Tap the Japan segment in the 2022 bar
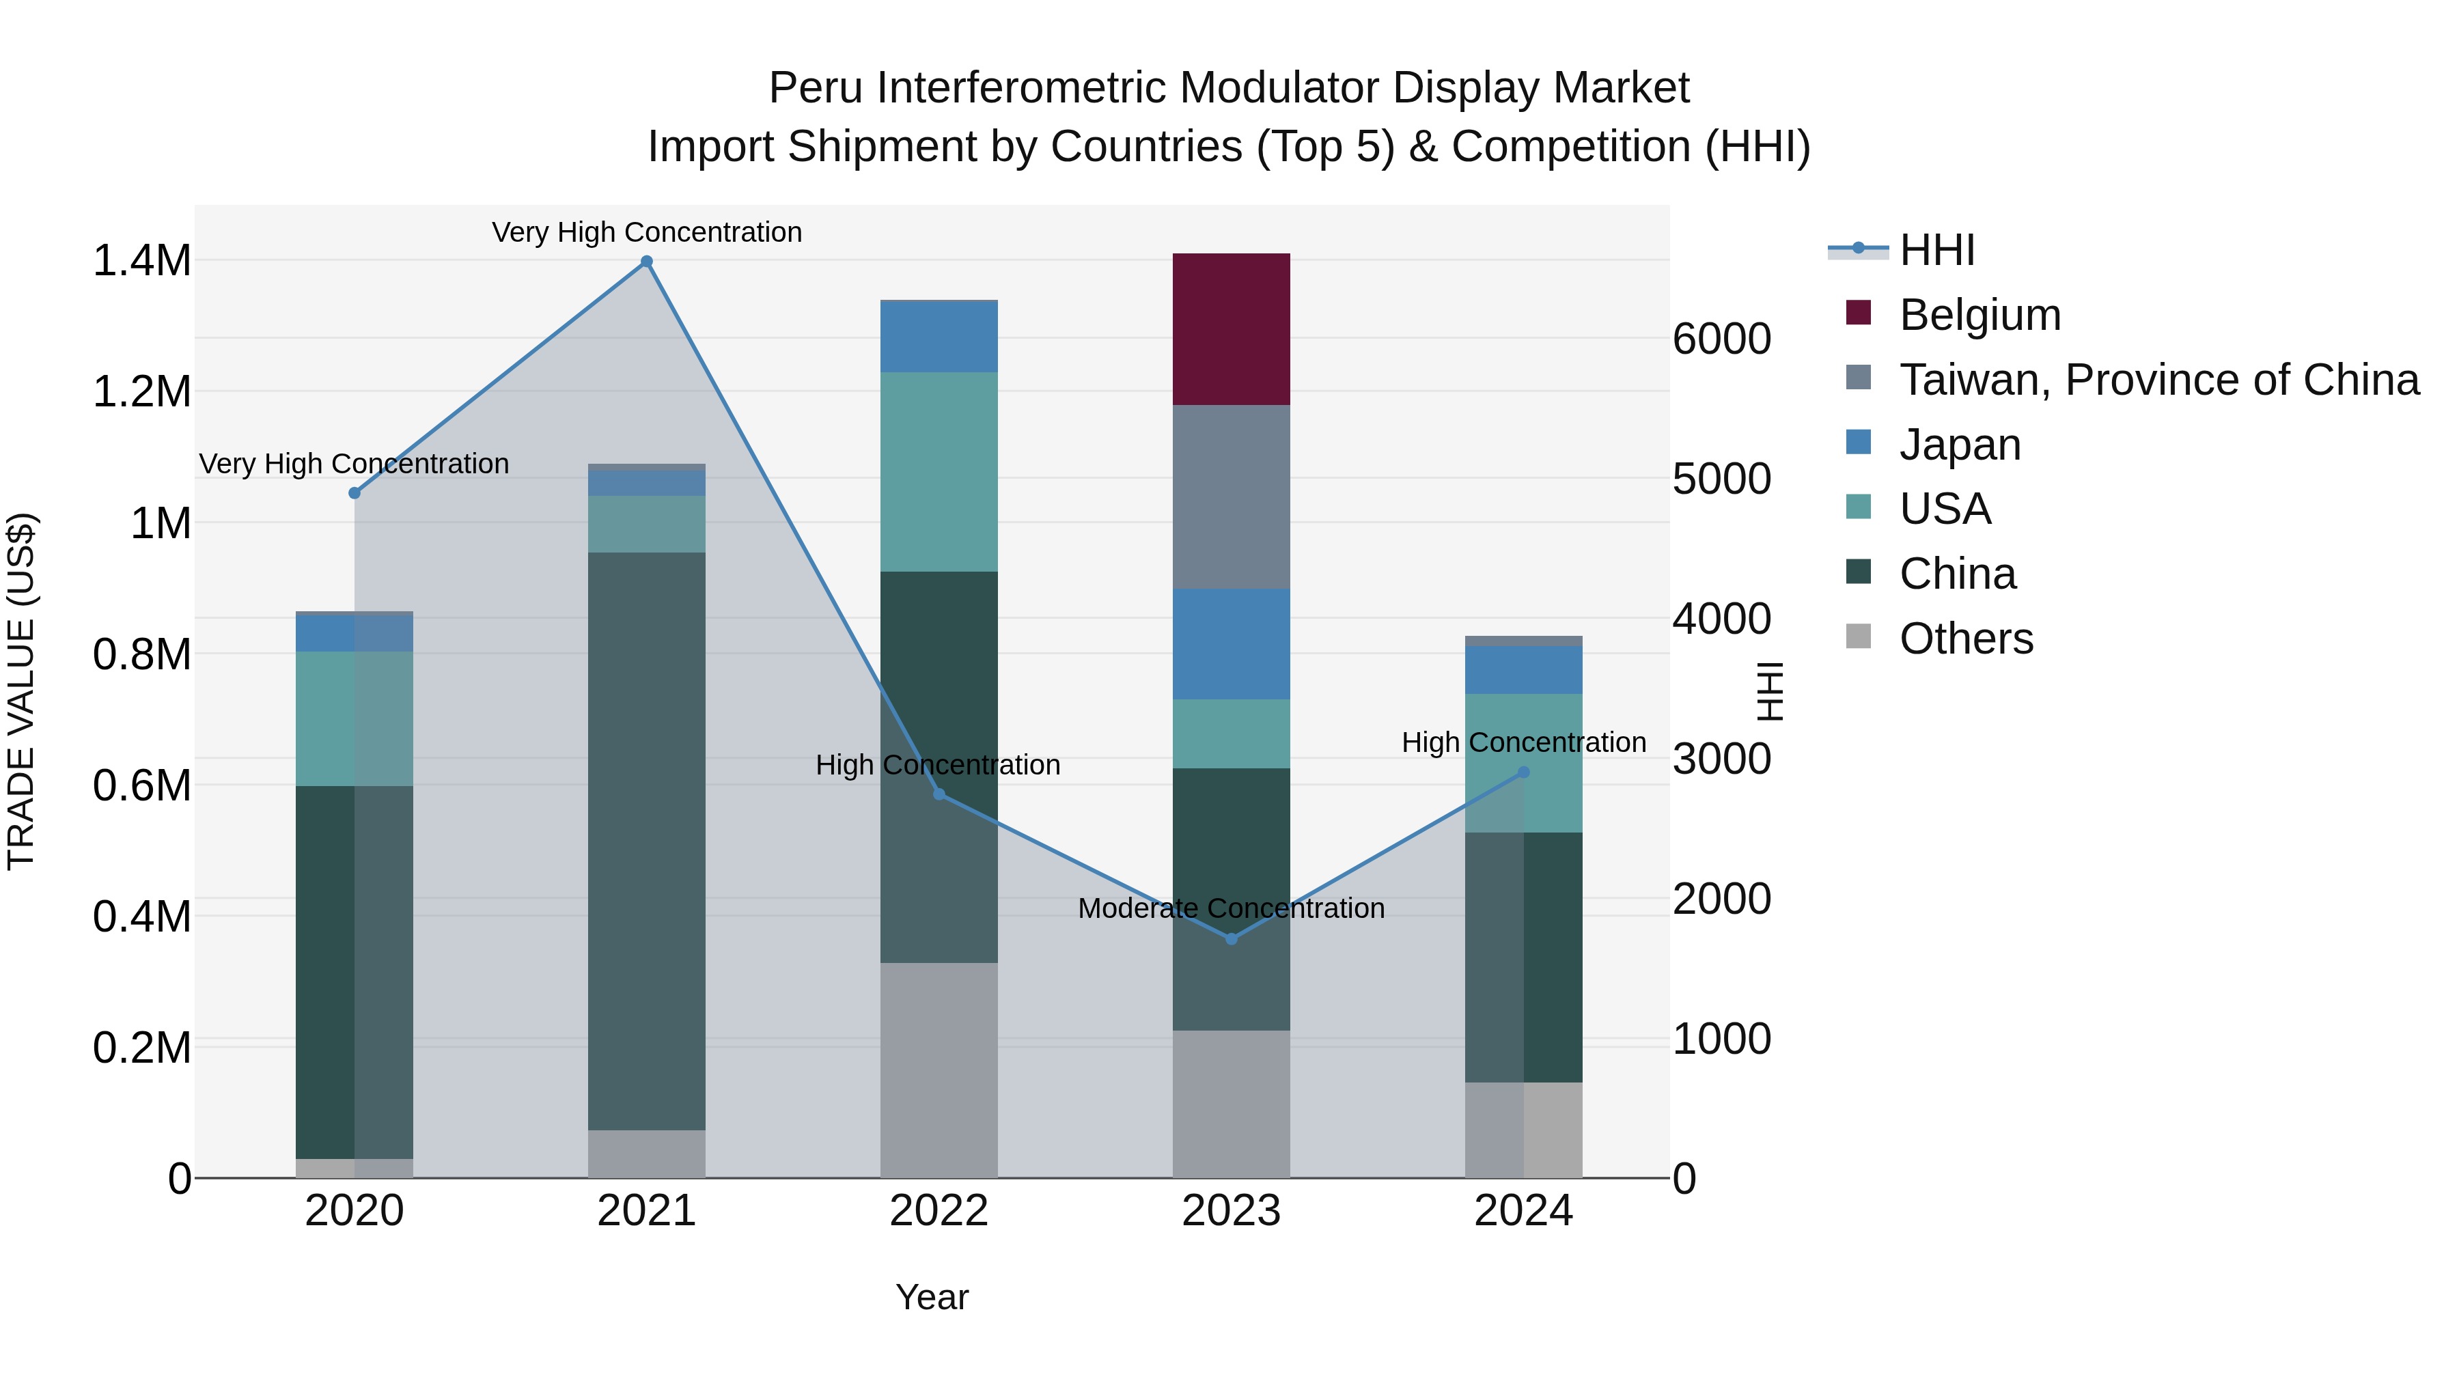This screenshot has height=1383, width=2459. coord(939,337)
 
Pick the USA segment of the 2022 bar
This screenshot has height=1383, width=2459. coord(939,471)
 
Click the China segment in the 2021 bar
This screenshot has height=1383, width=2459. coord(646,840)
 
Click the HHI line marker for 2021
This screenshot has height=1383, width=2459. coord(646,262)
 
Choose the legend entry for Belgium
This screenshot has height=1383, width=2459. coord(1979,315)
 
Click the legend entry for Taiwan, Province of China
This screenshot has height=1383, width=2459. coord(2157,380)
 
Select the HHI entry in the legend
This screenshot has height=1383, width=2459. coord(1936,250)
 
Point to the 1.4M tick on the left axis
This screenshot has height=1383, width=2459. coord(141,261)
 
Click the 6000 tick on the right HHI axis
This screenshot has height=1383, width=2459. coord(1721,339)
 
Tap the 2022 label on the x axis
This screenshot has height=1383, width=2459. coord(939,1211)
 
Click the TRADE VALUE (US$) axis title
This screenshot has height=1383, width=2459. coord(21,691)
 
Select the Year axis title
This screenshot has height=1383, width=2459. coord(932,1297)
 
